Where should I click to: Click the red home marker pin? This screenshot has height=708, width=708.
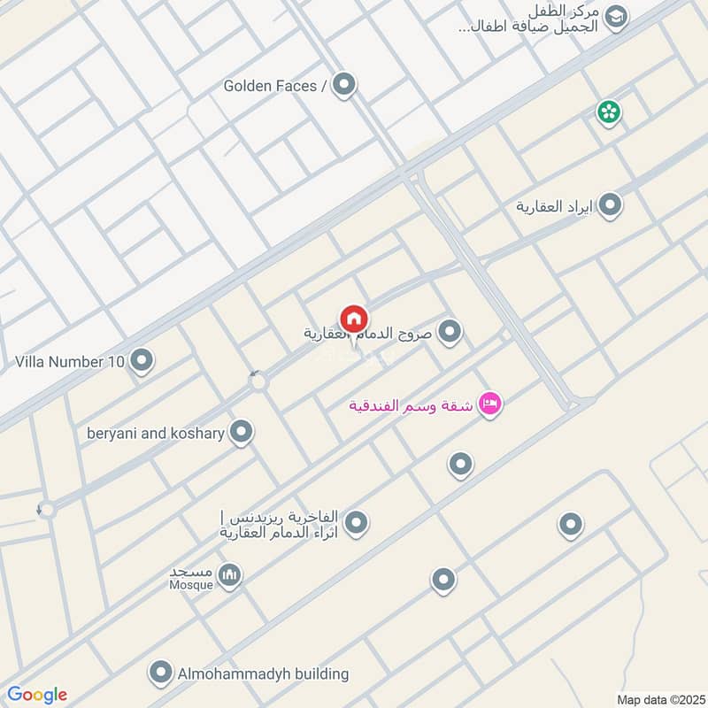[354, 319]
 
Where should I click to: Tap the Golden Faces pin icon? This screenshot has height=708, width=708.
[344, 85]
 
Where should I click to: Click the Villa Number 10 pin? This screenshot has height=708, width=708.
[141, 361]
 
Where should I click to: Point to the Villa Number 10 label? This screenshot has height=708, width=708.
[70, 362]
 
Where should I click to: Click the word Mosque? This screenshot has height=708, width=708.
[190, 585]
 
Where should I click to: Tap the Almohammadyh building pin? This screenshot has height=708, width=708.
[160, 673]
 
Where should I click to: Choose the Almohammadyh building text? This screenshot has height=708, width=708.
[263, 674]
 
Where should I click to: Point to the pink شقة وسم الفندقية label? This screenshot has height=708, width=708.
[411, 406]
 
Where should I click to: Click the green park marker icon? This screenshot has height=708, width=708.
[608, 112]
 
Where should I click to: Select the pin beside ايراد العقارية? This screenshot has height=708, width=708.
[610, 206]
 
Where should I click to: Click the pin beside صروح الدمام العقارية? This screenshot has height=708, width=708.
[450, 333]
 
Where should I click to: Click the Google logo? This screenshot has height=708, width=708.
[37, 695]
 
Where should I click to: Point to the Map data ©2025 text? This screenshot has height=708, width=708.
[659, 699]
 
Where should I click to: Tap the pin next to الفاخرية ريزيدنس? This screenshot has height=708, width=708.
[356, 524]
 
